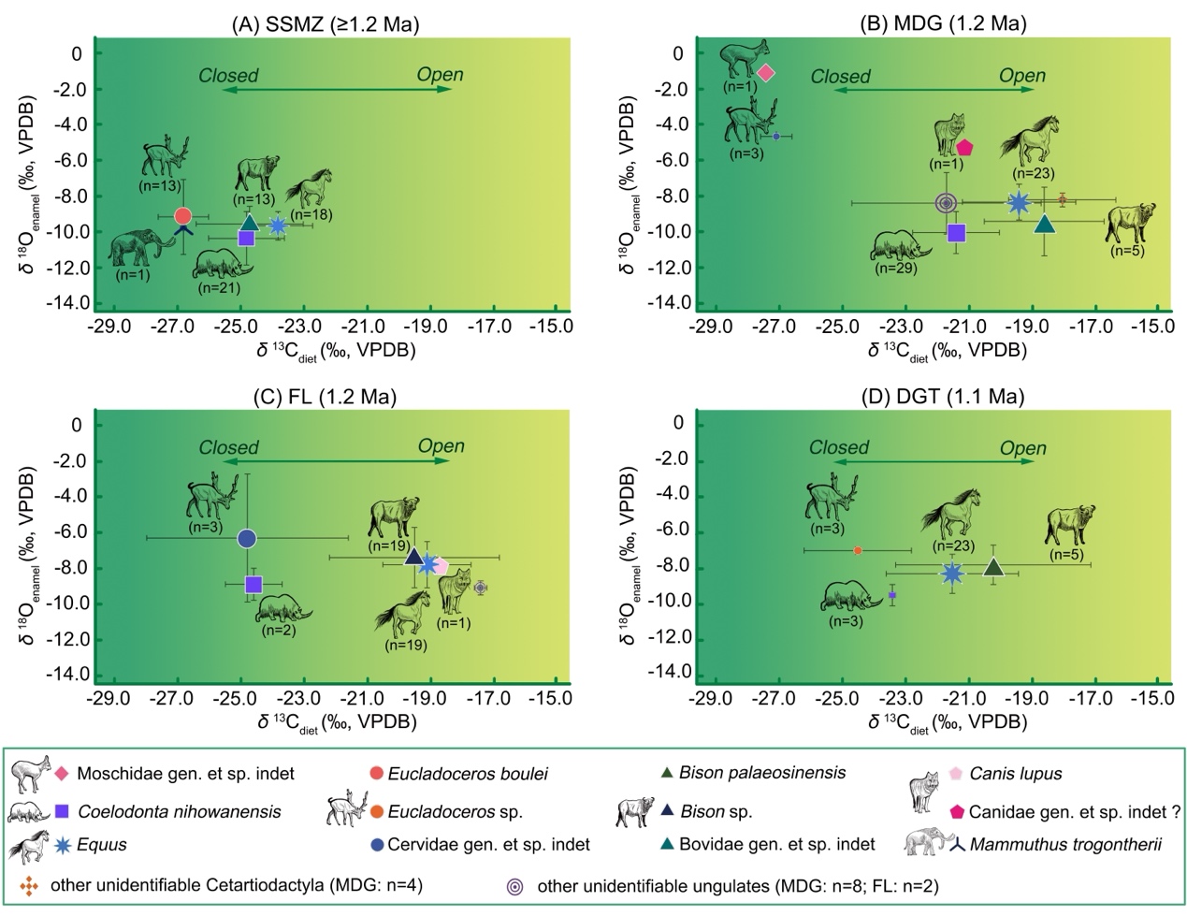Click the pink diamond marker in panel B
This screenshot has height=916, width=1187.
(766, 73)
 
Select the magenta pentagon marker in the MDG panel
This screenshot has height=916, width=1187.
(964, 147)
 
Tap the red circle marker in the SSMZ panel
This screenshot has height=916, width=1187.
(183, 216)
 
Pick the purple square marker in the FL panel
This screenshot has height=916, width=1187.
(253, 585)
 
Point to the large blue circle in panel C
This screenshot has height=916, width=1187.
(247, 538)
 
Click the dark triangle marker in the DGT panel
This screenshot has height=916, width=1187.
(993, 567)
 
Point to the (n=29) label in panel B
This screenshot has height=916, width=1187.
(895, 269)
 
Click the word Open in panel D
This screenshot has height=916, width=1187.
(1022, 448)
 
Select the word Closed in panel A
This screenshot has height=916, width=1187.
(228, 76)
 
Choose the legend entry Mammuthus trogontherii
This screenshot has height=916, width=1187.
(1065, 845)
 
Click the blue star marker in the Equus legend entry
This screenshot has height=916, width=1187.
(63, 845)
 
